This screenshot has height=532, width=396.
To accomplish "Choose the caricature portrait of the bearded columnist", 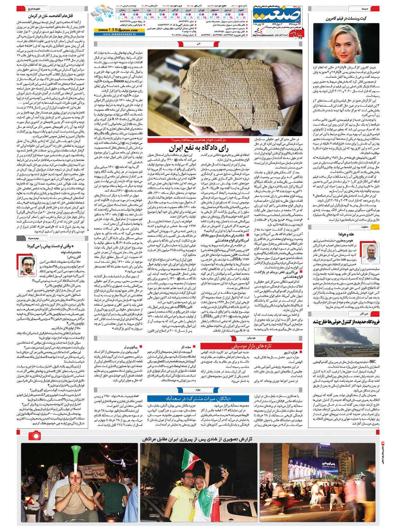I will [28, 265].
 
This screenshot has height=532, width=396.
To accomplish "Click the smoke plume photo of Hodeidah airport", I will [346, 342].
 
